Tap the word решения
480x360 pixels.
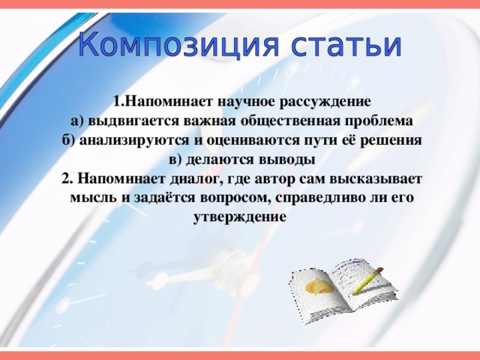(389, 140)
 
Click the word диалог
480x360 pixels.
(190, 179)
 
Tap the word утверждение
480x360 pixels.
(240, 218)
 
